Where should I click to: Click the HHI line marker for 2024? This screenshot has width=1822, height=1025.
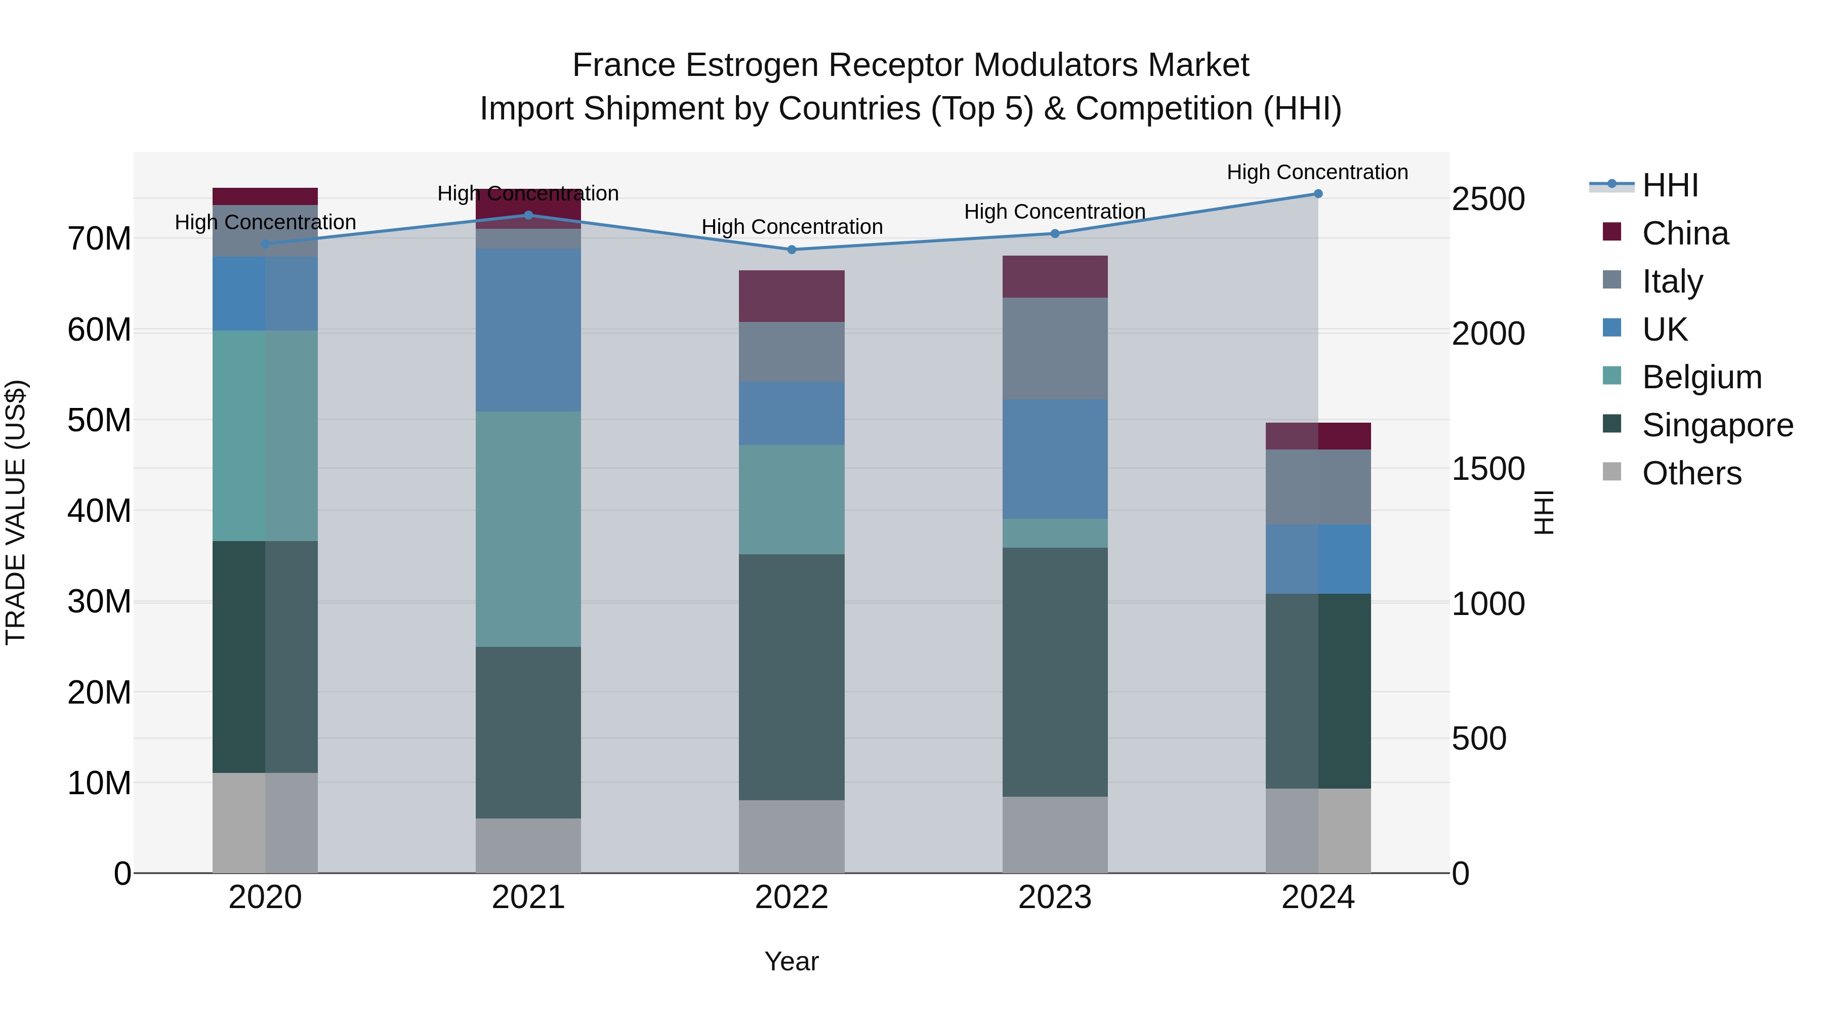click(x=1318, y=194)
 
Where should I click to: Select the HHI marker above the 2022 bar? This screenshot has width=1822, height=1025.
click(x=792, y=250)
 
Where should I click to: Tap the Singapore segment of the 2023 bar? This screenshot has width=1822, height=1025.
click(x=1055, y=672)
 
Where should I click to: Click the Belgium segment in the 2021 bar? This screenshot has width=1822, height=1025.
click(x=528, y=529)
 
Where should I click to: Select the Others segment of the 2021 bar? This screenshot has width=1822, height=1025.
click(x=528, y=845)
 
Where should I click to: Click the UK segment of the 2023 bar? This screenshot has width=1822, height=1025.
click(x=1055, y=459)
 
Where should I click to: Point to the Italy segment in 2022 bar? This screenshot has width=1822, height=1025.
click(x=792, y=352)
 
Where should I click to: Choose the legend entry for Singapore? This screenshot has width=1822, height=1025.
click(x=1717, y=425)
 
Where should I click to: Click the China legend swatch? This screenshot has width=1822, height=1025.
click(x=1612, y=232)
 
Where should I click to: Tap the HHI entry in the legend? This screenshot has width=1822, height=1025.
click(x=1669, y=185)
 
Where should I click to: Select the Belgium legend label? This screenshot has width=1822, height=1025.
click(x=1702, y=377)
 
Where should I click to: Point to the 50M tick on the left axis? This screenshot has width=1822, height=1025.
click(x=99, y=420)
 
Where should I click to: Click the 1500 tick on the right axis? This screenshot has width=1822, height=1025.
click(x=1487, y=469)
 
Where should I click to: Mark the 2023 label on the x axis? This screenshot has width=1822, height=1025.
click(x=1055, y=897)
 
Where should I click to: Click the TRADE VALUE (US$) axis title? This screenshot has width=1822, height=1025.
click(x=16, y=512)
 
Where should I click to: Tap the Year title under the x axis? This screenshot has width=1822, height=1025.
click(x=792, y=961)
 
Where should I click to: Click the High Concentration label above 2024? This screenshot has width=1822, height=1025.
click(x=1317, y=172)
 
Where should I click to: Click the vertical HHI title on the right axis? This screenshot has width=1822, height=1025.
click(x=1544, y=512)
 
